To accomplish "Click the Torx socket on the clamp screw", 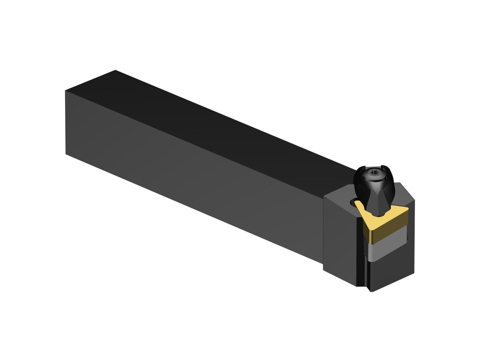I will pos(374,173).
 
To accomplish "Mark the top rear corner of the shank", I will pos(115,71).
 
